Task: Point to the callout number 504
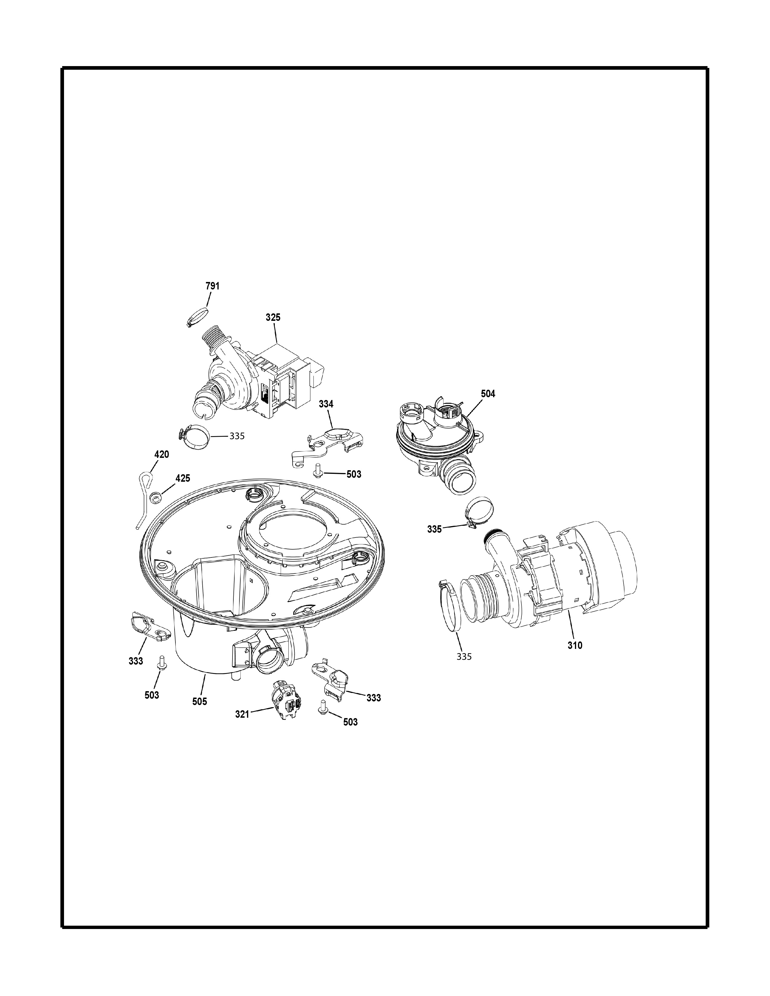pyautogui.click(x=488, y=394)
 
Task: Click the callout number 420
pyautogui.click(x=162, y=454)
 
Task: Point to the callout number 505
pyautogui.click(x=199, y=701)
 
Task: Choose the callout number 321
pyautogui.click(x=242, y=714)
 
